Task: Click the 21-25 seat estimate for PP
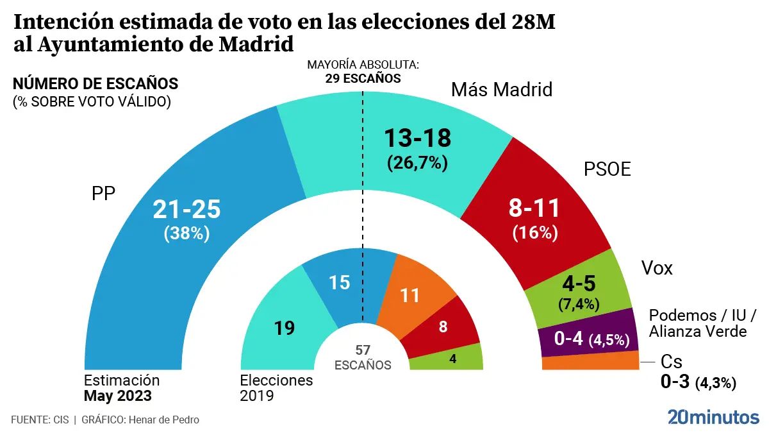click(x=186, y=209)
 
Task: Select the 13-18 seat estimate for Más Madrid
click(x=417, y=138)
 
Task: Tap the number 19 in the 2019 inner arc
click(x=285, y=328)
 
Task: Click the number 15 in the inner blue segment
click(x=339, y=282)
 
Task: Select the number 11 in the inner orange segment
click(x=410, y=295)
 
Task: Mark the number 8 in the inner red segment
click(x=443, y=326)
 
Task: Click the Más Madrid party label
click(x=502, y=89)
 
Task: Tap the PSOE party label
click(x=607, y=169)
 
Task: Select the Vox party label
click(x=657, y=268)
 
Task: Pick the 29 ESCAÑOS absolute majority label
click(x=363, y=78)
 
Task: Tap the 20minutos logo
click(x=713, y=416)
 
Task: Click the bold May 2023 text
click(x=118, y=396)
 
